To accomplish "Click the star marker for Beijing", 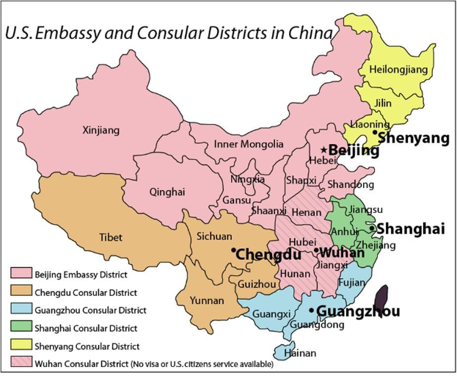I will [x=323, y=150].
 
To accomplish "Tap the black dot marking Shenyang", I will [x=374, y=133].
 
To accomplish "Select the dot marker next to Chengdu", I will [x=233, y=251].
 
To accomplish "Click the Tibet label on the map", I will [x=111, y=237].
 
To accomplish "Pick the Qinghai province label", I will [x=167, y=192].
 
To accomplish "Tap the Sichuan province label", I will [x=214, y=236].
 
